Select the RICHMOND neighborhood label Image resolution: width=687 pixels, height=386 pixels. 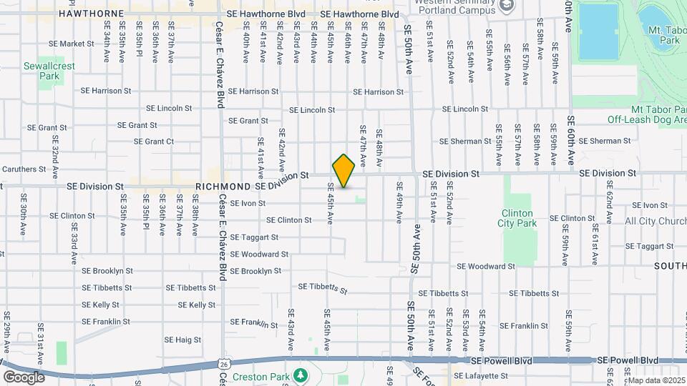pos(223,186)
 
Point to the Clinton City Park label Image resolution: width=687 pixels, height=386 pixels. pos(517,218)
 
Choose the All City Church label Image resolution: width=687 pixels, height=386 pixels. pos(655,222)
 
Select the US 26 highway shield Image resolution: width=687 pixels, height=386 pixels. pos(224,364)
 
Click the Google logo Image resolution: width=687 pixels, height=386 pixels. pos(24,377)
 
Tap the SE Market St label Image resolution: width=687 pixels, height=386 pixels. pos(70,44)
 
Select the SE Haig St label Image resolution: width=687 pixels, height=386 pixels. pos(182,340)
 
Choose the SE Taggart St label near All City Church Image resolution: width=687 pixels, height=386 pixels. pos(649,246)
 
